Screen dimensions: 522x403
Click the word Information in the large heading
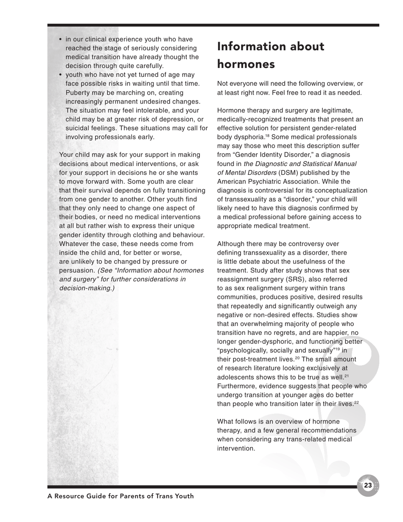click(254, 46)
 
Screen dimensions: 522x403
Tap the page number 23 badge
click(368, 485)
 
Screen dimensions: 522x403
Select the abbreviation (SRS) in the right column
click(304, 279)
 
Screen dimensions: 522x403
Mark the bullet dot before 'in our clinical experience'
click(61, 39)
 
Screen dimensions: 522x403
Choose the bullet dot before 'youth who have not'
click(61, 75)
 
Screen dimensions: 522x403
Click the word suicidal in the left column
click(78, 128)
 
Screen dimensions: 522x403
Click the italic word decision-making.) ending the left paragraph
click(87, 288)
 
